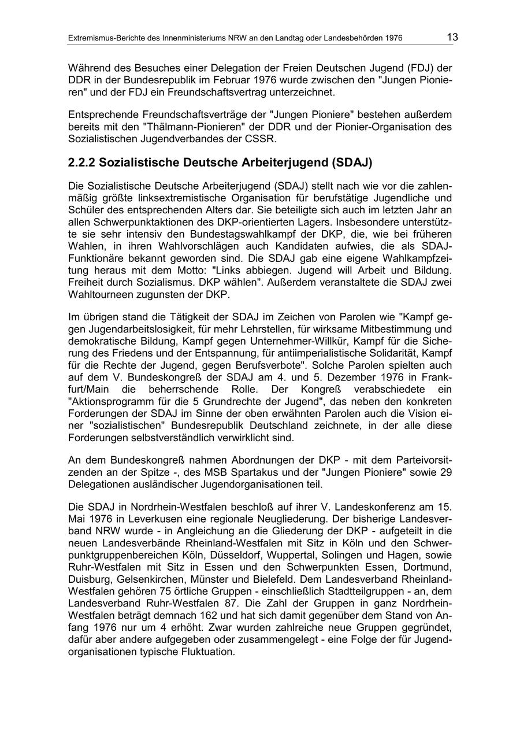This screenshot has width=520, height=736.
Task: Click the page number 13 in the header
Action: [452, 38]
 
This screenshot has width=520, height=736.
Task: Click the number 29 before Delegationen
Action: [445, 473]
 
